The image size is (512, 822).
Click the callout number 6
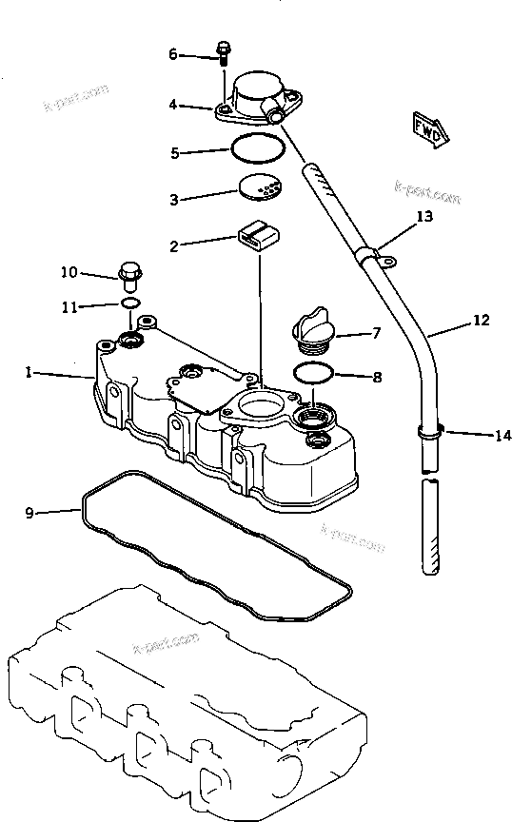click(173, 55)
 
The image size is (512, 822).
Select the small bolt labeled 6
click(223, 52)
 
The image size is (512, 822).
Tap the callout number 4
click(173, 106)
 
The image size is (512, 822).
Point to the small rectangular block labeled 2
click(258, 237)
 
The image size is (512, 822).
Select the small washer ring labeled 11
click(130, 303)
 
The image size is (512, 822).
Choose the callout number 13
click(424, 217)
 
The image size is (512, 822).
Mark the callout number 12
click(482, 322)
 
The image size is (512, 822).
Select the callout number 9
click(30, 513)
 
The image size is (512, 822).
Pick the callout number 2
click(174, 246)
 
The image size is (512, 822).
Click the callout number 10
click(69, 272)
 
